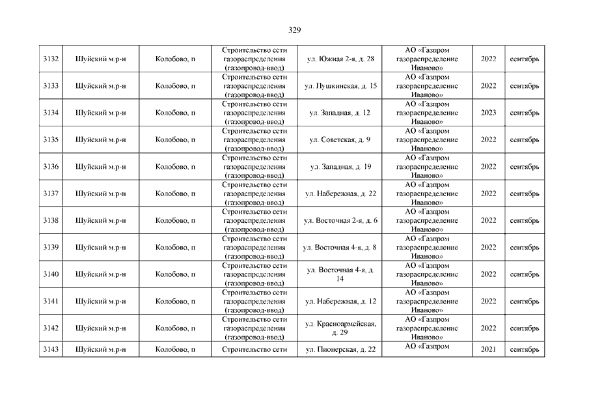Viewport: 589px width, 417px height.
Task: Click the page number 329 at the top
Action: point(294,30)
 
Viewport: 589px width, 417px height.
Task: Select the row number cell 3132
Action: point(51,59)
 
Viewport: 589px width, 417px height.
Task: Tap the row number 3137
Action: point(51,194)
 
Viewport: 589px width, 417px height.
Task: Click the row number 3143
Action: point(51,350)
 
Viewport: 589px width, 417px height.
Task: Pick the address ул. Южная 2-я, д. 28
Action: point(340,59)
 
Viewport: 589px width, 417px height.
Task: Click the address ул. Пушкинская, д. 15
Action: point(340,86)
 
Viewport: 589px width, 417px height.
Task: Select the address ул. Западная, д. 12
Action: point(340,113)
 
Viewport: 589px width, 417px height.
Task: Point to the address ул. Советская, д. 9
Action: point(340,139)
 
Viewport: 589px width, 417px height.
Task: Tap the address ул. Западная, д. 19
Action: point(340,167)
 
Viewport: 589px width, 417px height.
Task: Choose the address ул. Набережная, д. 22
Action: point(340,194)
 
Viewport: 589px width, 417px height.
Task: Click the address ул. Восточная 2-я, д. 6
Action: point(340,220)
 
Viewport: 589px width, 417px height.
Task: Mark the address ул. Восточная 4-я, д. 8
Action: point(340,247)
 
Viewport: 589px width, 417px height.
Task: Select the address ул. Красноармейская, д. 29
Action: point(340,328)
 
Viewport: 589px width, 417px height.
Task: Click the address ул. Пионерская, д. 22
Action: point(340,350)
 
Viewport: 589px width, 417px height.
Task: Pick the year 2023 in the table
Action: point(488,113)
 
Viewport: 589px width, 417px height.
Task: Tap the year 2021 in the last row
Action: point(488,350)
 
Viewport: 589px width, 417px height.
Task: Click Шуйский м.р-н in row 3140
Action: point(101,274)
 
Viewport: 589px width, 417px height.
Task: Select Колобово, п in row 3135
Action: point(176,139)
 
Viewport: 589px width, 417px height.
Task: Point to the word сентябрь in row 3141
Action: point(525,301)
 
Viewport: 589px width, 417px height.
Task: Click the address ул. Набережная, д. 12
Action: point(340,301)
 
